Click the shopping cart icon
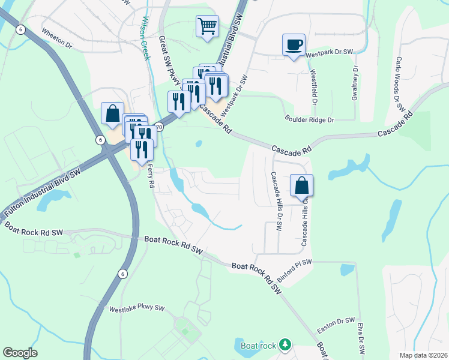pyautogui.click(x=207, y=26)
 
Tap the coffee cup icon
pyautogui.click(x=294, y=44)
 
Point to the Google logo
pyautogui.click(x=20, y=353)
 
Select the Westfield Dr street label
pyautogui.click(x=313, y=83)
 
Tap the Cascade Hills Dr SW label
pyautogui.click(x=276, y=202)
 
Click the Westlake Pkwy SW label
pyautogui.click(x=136, y=308)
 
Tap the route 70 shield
pyautogui.click(x=158, y=127)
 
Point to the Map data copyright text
pyautogui.click(x=423, y=355)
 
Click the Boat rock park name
pyautogui.click(x=258, y=345)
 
